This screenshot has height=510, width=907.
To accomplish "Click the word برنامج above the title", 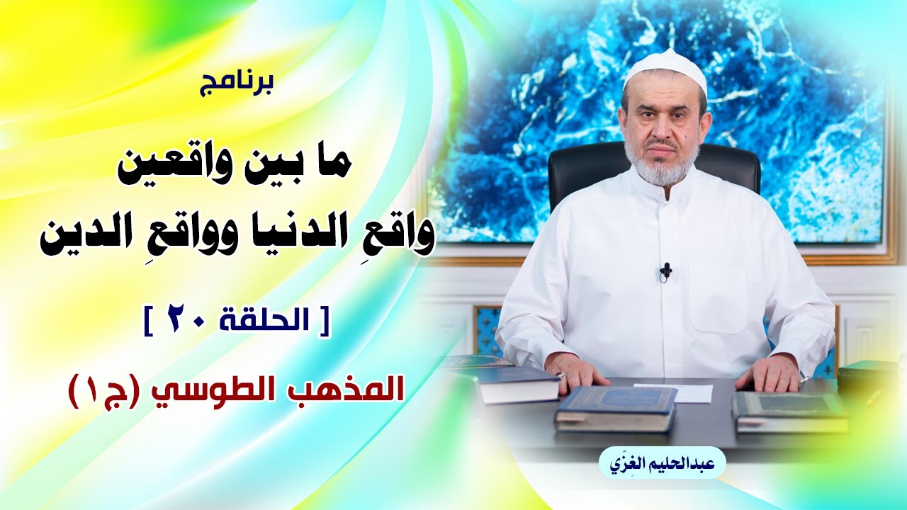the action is [237, 86].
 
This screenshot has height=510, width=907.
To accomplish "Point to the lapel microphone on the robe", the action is [665, 271].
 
